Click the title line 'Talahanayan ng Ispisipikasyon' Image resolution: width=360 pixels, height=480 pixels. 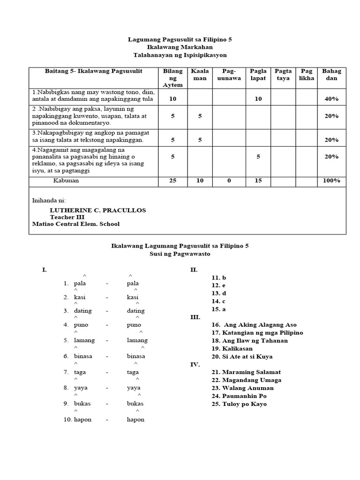pyautogui.click(x=180, y=55)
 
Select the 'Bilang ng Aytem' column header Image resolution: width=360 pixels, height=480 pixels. pyautogui.click(x=172, y=78)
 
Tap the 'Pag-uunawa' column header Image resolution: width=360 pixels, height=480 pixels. pyautogui.click(x=229, y=75)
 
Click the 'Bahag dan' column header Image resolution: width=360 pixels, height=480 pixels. pyautogui.click(x=331, y=75)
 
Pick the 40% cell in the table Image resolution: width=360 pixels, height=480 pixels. pyautogui.click(x=331, y=99)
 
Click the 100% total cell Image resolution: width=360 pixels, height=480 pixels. pyautogui.click(x=331, y=180)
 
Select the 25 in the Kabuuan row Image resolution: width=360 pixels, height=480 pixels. pyautogui.click(x=172, y=180)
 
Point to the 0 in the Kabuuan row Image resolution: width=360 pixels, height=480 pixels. pyautogui.click(x=229, y=180)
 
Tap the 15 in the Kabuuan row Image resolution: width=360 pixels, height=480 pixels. pyautogui.click(x=258, y=180)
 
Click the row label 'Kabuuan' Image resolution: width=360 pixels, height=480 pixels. pyautogui.click(x=66, y=180)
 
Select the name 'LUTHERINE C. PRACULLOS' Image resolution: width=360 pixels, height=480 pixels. pyautogui.click(x=97, y=210)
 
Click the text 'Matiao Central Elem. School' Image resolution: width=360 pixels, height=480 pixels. pyautogui.click(x=75, y=224)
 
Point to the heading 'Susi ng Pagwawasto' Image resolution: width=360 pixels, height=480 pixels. pyautogui.click(x=180, y=254)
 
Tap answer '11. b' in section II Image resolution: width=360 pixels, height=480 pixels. pyautogui.click(x=218, y=277)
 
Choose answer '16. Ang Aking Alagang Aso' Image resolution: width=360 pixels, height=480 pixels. pyautogui.click(x=254, y=325)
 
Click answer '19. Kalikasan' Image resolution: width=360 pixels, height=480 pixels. pyautogui.click(x=232, y=349)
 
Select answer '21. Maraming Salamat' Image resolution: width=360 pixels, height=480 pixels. pyautogui.click(x=246, y=372)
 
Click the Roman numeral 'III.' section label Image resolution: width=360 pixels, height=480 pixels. pyautogui.click(x=195, y=317)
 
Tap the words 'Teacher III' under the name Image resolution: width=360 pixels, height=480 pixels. pyautogui.click(x=66, y=217)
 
